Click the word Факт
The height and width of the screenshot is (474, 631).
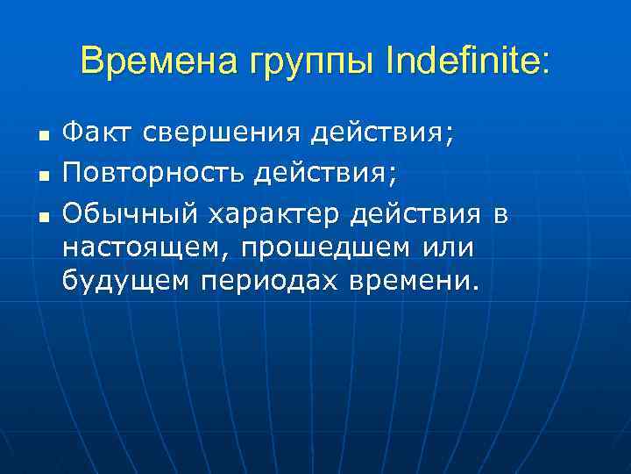pos(95,134)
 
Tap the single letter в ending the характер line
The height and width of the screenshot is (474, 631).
pos(500,213)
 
